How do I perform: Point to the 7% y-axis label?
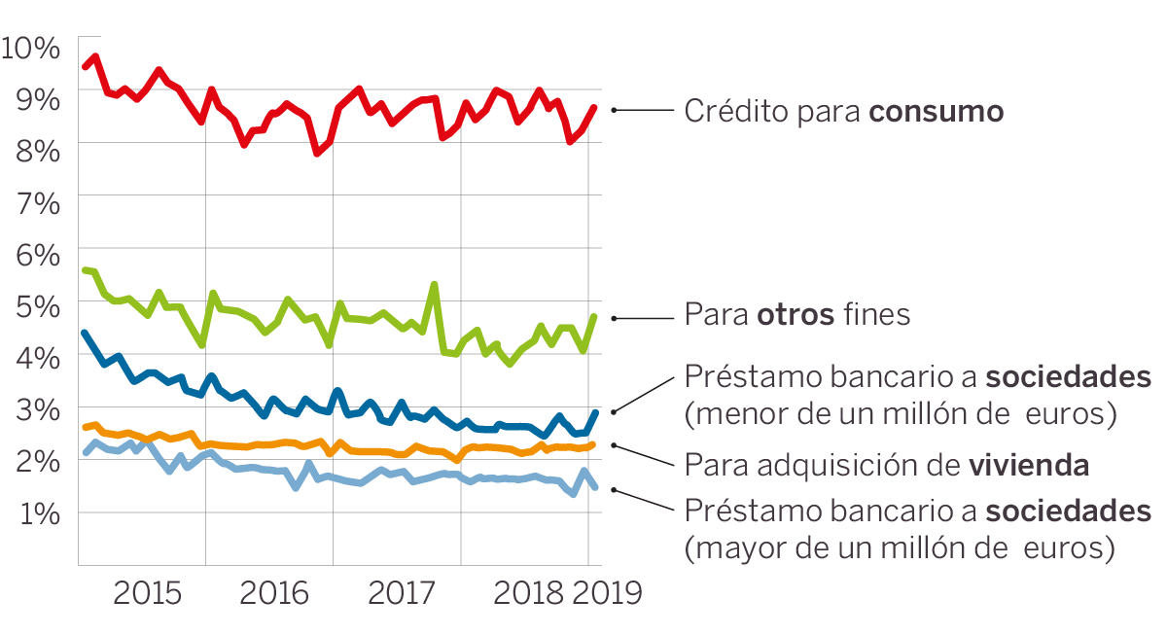click(x=37, y=202)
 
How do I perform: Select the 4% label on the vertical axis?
click(x=37, y=357)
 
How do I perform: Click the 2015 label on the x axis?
click(x=147, y=592)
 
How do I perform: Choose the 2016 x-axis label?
click(x=273, y=592)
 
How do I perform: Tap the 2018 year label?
click(x=528, y=592)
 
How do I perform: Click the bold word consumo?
click(x=936, y=112)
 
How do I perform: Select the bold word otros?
click(x=795, y=315)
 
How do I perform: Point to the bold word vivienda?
click(x=1028, y=465)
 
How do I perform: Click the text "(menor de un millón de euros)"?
click(x=899, y=414)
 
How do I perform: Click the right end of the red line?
click(x=594, y=107)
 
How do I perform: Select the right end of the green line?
click(x=594, y=316)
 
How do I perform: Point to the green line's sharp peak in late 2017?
click(x=434, y=284)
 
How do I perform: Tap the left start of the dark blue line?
click(x=85, y=334)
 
